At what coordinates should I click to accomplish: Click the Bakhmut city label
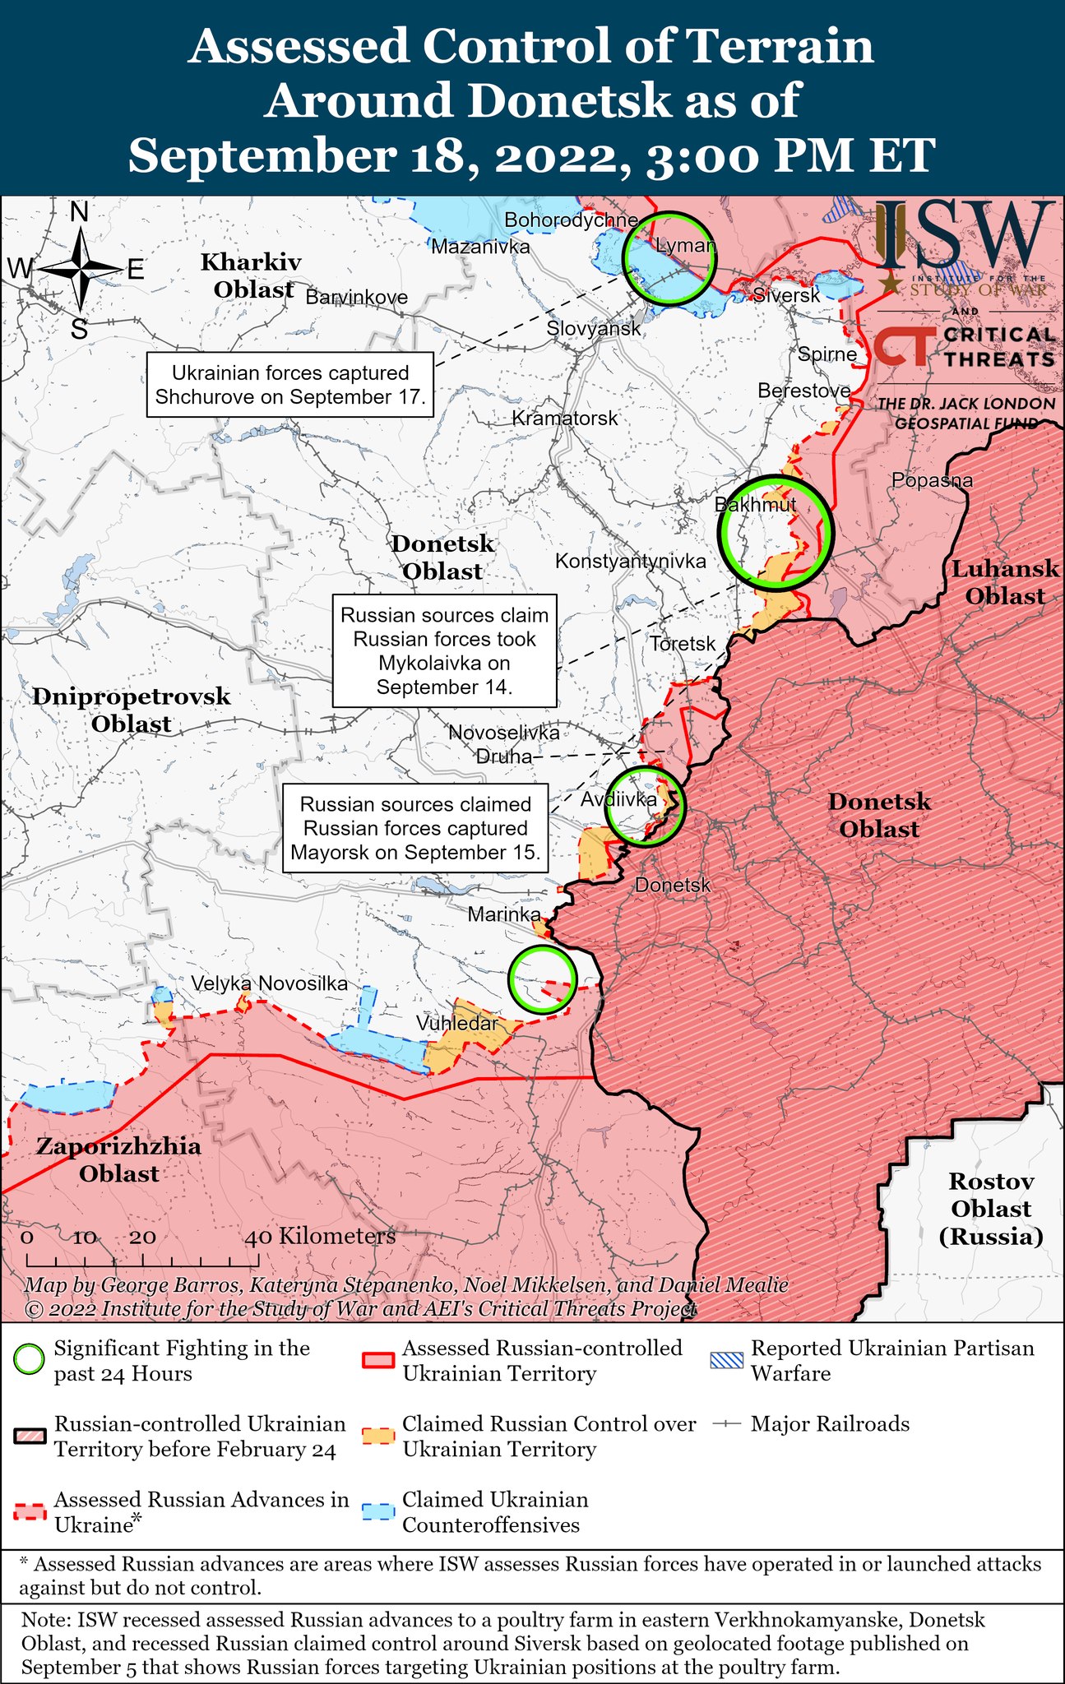pos(755,504)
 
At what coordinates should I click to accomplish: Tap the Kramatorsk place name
pos(564,419)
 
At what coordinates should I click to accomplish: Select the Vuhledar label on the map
pos(456,1024)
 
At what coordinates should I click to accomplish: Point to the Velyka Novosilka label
pos(269,983)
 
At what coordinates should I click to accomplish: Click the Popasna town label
pos(932,480)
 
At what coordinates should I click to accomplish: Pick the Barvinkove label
pos(356,297)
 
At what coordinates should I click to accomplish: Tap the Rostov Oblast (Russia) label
pos(990,1209)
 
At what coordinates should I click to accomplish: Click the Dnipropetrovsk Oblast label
pos(132,710)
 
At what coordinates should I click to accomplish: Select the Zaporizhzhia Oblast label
pos(118,1159)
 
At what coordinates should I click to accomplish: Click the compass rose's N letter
pos(80,213)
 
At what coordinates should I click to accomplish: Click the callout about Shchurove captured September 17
pos(290,385)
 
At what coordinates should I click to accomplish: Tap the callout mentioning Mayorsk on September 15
pos(415,828)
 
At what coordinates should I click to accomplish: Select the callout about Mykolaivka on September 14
pos(444,650)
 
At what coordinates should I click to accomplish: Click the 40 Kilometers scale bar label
pos(321,1236)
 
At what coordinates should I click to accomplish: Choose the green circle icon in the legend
pos(29,1360)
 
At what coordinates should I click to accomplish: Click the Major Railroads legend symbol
pos(727,1423)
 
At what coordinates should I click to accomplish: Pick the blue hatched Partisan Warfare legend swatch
pos(727,1360)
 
